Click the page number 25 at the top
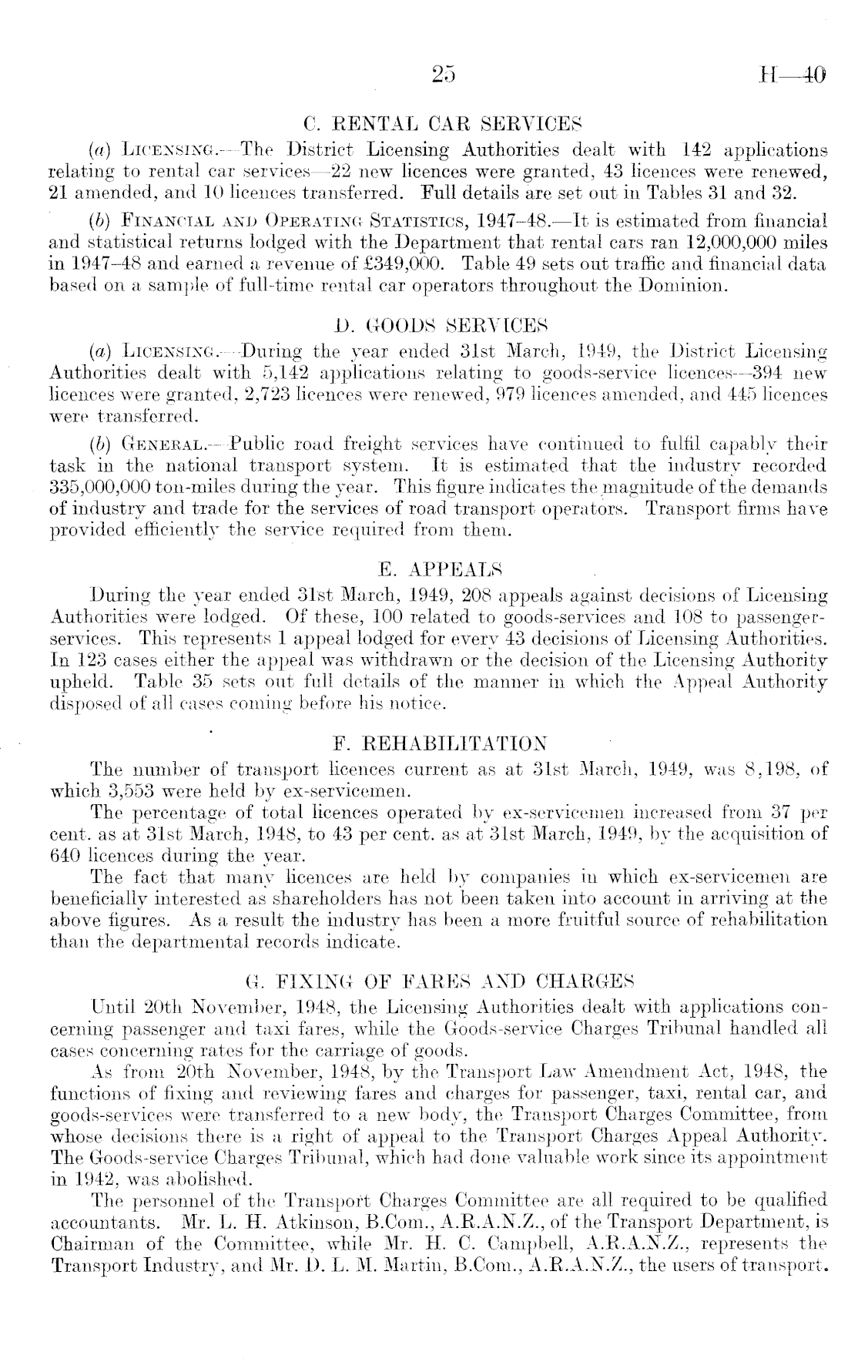point(444,75)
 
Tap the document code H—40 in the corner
point(793,75)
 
